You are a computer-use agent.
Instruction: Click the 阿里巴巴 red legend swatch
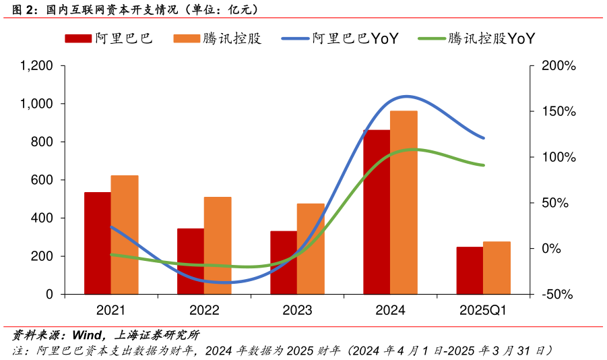[78, 38]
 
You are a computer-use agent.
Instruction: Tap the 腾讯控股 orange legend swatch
[187, 38]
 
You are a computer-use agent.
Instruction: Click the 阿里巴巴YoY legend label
[355, 38]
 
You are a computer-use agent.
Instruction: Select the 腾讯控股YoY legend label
[491, 38]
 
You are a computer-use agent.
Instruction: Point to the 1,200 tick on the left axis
[37, 66]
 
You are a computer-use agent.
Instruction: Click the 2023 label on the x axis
[297, 311]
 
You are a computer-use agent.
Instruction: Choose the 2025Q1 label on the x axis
[483, 311]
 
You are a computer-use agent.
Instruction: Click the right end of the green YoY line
[484, 165]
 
